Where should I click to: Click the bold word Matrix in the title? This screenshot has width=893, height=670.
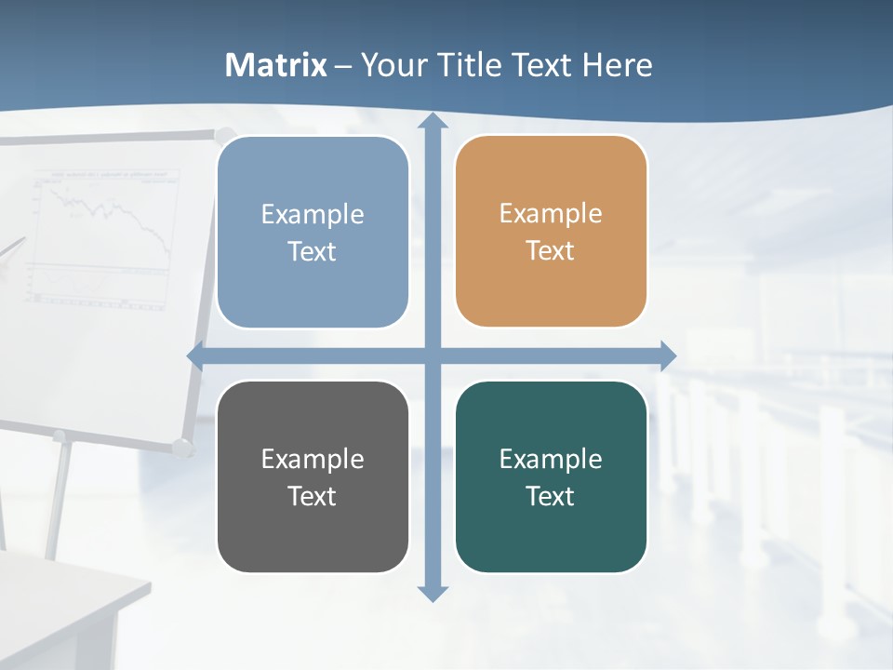click(276, 65)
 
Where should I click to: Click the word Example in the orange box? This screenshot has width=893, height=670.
click(551, 214)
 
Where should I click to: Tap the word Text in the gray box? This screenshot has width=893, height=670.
click(313, 496)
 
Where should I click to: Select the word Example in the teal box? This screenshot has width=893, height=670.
click(551, 459)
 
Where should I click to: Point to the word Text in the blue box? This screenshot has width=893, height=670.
click(313, 251)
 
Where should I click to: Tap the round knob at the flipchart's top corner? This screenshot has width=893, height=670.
click(224, 136)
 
